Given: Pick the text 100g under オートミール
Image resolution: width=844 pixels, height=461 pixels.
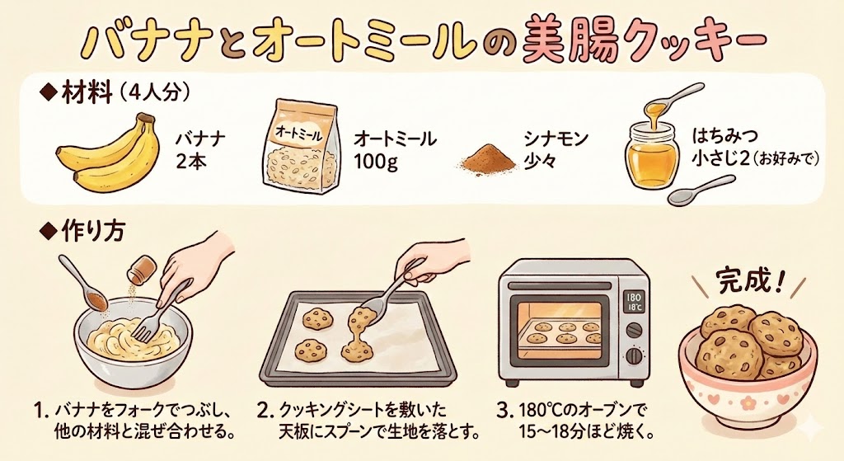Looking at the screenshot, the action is [376, 162].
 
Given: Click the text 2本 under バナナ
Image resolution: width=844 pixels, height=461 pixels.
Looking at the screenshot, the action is [191, 162].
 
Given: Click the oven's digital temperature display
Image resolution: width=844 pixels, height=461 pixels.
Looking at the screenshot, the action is [633, 302].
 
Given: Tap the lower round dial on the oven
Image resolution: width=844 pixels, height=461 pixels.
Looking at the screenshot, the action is [635, 355].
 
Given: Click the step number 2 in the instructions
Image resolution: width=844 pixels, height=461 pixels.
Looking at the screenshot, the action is [263, 412].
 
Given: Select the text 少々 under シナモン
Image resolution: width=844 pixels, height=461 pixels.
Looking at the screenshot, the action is [541, 162].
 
